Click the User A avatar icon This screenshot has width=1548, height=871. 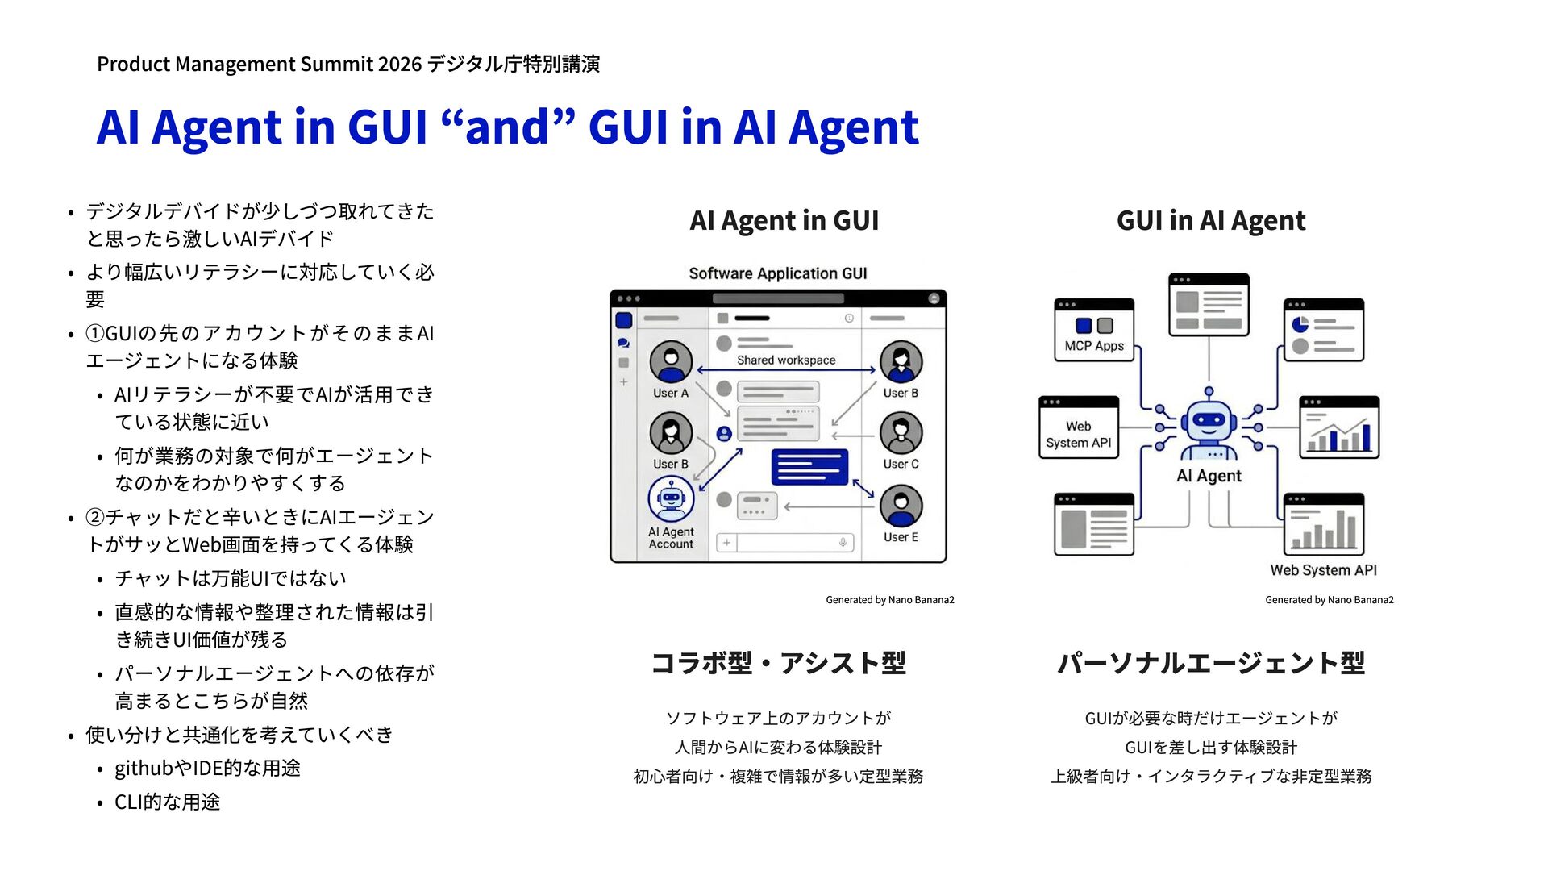[x=671, y=361]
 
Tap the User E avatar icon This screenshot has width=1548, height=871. [x=901, y=506]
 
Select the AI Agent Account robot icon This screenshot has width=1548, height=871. [x=671, y=499]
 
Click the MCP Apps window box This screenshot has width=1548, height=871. [x=1094, y=330]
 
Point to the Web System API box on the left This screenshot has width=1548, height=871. [x=1079, y=427]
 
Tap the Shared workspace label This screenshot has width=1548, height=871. [x=786, y=360]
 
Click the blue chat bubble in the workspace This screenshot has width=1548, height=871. [x=809, y=467]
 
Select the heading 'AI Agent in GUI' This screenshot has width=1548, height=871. [x=784, y=220]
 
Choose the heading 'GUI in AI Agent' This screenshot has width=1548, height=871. [x=1210, y=220]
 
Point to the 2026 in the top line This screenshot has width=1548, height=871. [x=399, y=64]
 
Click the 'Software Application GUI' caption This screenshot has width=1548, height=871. [x=778, y=273]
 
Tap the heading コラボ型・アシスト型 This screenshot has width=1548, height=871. [x=778, y=663]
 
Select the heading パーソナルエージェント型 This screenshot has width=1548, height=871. [x=1210, y=663]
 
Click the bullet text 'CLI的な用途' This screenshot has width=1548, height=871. [x=167, y=802]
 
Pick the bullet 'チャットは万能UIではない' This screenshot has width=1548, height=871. [x=231, y=578]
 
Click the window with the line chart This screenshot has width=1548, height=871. [x=1338, y=427]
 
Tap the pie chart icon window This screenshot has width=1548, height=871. [x=1323, y=330]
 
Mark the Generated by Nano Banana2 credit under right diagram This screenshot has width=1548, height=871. [x=1329, y=600]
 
